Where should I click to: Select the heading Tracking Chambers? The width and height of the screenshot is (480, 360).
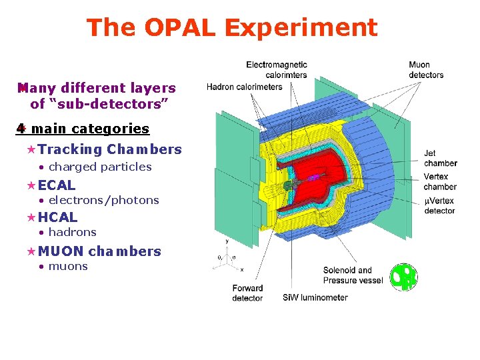pyautogui.click(x=109, y=149)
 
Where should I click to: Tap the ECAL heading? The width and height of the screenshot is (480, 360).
pyautogui.click(x=57, y=185)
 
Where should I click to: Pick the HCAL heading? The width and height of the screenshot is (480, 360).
pyautogui.click(x=57, y=217)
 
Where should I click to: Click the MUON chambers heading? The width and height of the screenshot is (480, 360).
pyautogui.click(x=99, y=251)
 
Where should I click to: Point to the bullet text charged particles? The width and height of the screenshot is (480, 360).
pyautogui.click(x=100, y=167)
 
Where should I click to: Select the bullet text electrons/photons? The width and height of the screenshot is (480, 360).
pyautogui.click(x=103, y=200)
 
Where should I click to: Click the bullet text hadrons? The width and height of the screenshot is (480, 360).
pyautogui.click(x=72, y=232)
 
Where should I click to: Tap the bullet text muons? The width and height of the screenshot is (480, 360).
pyautogui.click(x=68, y=266)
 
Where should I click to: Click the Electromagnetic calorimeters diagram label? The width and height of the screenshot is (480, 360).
pyautogui.click(x=277, y=69)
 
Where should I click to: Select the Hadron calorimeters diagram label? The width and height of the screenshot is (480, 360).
pyautogui.click(x=244, y=87)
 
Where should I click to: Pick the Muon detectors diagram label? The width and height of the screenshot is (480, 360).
pyautogui.click(x=426, y=69)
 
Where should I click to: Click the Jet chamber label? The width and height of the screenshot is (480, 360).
pyautogui.click(x=440, y=158)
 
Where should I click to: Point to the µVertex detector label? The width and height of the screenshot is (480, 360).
pyautogui.click(x=439, y=206)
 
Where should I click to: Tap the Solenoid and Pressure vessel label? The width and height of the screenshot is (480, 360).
pyautogui.click(x=353, y=275)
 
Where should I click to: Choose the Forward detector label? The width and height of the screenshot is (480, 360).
pyautogui.click(x=247, y=293)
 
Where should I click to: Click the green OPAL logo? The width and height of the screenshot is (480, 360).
pyautogui.click(x=403, y=277)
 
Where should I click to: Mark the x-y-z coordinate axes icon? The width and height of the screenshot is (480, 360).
pyautogui.click(x=227, y=257)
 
